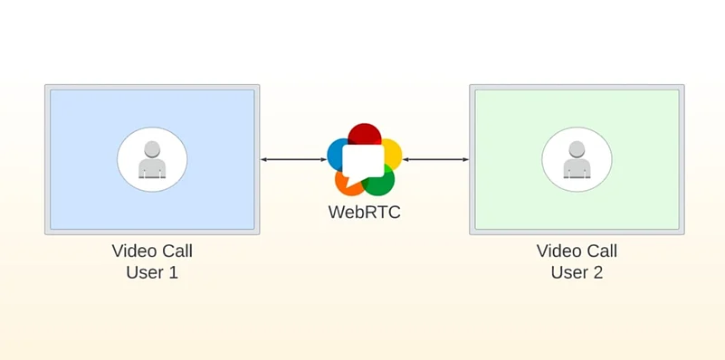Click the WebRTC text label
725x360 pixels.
coord(364,213)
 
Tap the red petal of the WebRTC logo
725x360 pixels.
coord(364,135)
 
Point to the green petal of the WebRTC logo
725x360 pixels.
coord(382,183)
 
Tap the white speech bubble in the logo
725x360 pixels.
coord(364,161)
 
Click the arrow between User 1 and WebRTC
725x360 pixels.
coord(293,160)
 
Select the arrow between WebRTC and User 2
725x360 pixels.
coord(435,160)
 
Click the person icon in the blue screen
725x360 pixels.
coord(152,160)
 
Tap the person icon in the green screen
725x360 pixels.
coord(577,160)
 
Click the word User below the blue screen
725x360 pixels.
coord(144,271)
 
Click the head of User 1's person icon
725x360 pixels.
coord(152,149)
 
